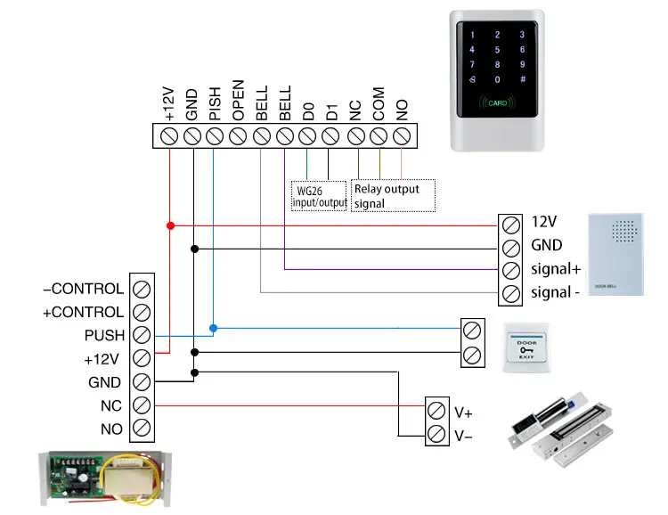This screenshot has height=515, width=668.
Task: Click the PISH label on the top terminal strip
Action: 215,104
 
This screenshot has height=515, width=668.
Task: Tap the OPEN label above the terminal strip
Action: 238,103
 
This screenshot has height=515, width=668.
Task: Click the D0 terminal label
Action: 308,110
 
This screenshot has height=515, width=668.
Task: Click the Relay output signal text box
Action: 392,196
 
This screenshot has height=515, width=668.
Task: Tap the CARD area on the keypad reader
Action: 497,103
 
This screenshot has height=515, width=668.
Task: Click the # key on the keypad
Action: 523,79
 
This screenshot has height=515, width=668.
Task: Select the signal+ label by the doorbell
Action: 556,269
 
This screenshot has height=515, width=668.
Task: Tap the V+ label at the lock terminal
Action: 464,413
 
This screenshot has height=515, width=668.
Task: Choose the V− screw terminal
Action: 436,435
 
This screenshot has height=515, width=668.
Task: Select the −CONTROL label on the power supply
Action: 83,289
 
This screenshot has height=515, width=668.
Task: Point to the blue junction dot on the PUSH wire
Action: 213,328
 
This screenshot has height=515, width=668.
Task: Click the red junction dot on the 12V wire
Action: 169,225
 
